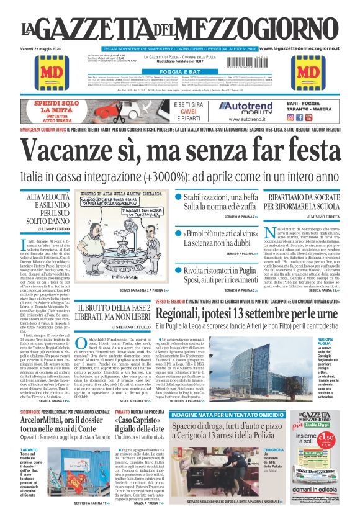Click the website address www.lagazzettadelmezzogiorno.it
click(307, 48)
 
